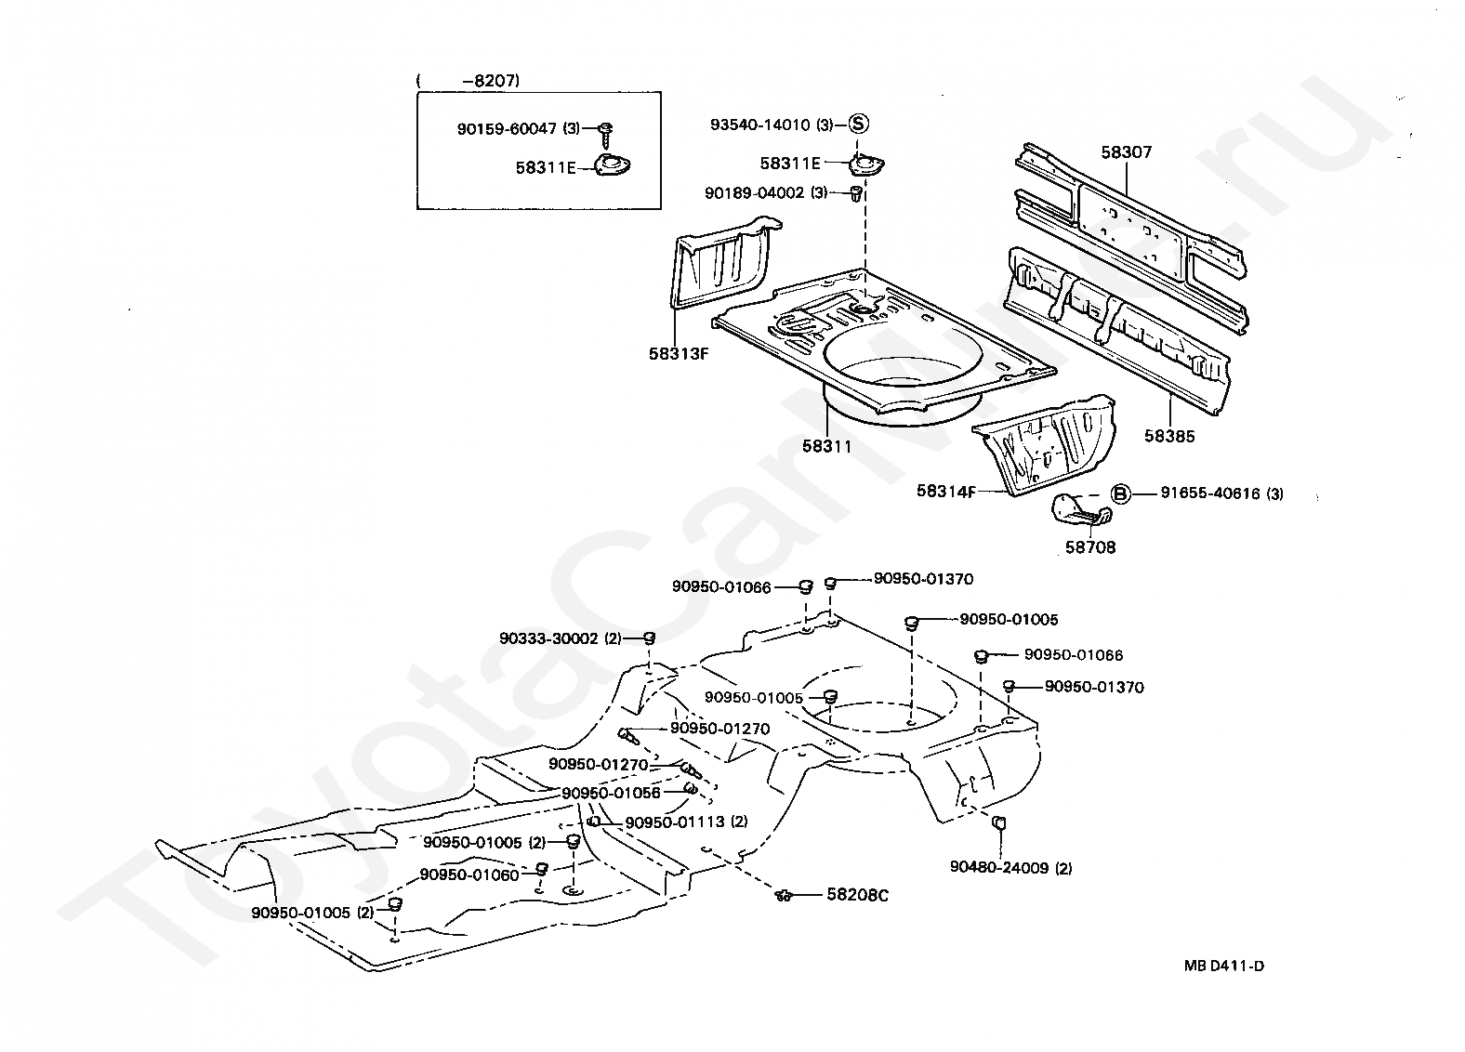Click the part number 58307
click(x=1127, y=152)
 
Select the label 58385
click(x=1169, y=436)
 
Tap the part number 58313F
click(x=679, y=354)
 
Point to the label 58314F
click(x=946, y=491)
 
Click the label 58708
click(x=1090, y=547)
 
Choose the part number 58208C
click(x=857, y=894)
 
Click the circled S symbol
click(x=859, y=124)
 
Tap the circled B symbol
click(x=1121, y=493)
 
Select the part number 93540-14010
click(x=760, y=125)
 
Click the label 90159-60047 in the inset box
click(x=507, y=129)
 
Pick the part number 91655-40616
click(x=1210, y=493)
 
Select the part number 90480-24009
click(x=1000, y=868)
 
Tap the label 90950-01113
click(x=675, y=822)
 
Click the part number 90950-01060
click(x=469, y=874)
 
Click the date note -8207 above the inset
click(x=492, y=81)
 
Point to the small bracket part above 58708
click(x=1082, y=510)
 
